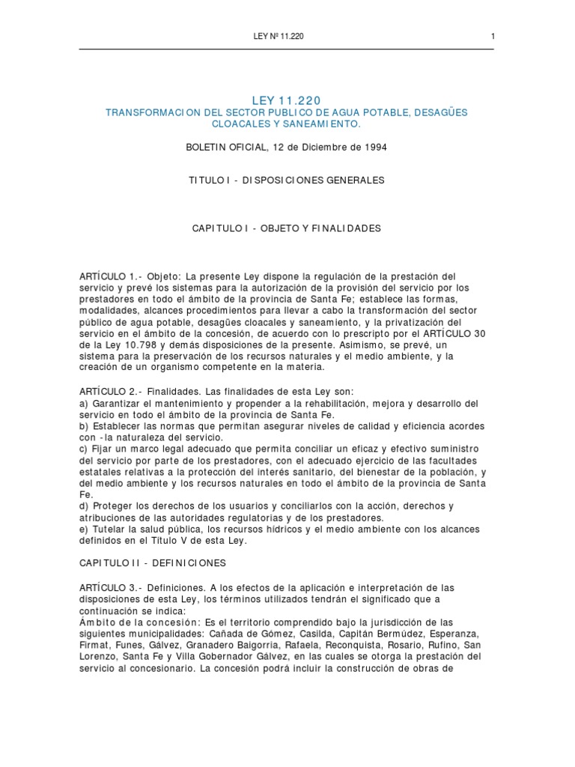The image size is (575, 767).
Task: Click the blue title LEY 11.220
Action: tap(287, 100)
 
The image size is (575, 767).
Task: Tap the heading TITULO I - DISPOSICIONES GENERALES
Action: tap(287, 181)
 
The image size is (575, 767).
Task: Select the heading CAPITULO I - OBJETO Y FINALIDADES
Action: tap(287, 228)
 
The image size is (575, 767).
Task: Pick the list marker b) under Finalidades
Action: tap(83, 426)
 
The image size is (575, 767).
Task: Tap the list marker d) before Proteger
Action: tap(83, 506)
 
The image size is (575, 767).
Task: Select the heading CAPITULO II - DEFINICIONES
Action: tap(152, 563)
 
